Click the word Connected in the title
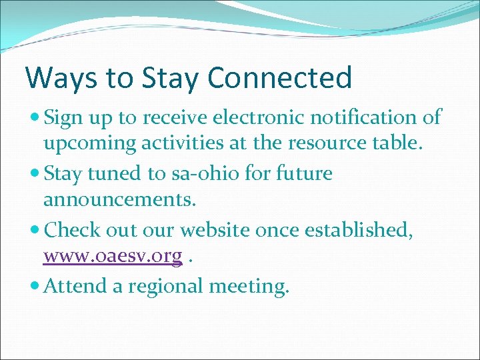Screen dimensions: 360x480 [x=279, y=77]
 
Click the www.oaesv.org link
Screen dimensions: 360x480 [x=113, y=257]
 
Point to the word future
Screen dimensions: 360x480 [x=297, y=174]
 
